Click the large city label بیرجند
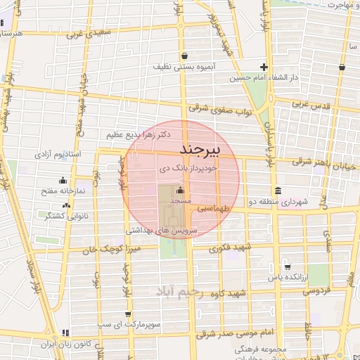tap(200, 150)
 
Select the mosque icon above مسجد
tap(181, 190)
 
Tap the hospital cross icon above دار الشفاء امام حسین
tap(264, 67)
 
